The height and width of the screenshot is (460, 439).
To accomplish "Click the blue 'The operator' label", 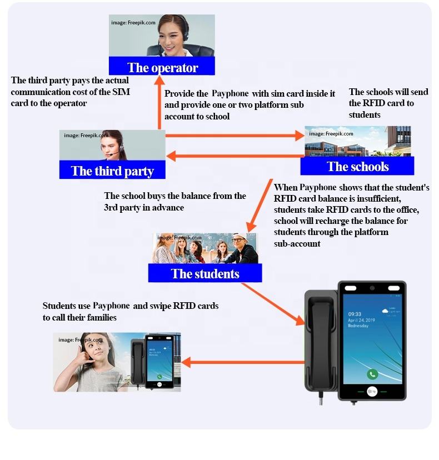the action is pos(162,68).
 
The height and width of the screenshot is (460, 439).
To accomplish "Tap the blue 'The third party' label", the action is pos(112,171).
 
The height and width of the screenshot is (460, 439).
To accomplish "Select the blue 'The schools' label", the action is pos(357,167).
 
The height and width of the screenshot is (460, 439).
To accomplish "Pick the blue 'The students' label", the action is pos(205,273).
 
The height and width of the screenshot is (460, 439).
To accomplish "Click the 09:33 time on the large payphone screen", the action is pos(355,314).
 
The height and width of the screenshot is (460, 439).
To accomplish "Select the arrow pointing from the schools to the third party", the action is pos(233,156).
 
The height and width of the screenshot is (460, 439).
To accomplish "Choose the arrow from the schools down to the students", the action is pos(261,206).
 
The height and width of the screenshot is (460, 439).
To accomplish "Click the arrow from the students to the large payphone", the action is pos(273,303).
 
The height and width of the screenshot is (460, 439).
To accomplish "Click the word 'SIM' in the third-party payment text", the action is pos(119,92).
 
